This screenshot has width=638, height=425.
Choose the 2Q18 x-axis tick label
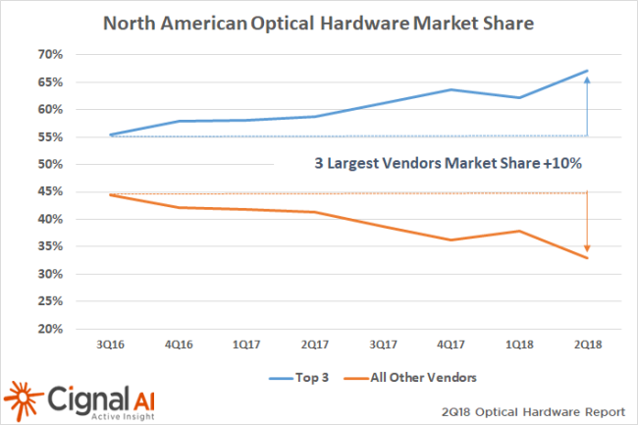(586, 345)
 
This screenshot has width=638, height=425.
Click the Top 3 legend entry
(298, 375)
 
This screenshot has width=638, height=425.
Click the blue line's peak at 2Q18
(587, 71)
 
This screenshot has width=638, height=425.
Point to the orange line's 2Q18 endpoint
(587, 258)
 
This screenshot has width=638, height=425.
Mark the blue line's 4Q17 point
(449, 89)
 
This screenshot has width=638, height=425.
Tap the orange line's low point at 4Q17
(449, 239)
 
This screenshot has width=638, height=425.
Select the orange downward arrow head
(587, 249)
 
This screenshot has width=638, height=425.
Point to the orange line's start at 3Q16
(111, 194)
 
